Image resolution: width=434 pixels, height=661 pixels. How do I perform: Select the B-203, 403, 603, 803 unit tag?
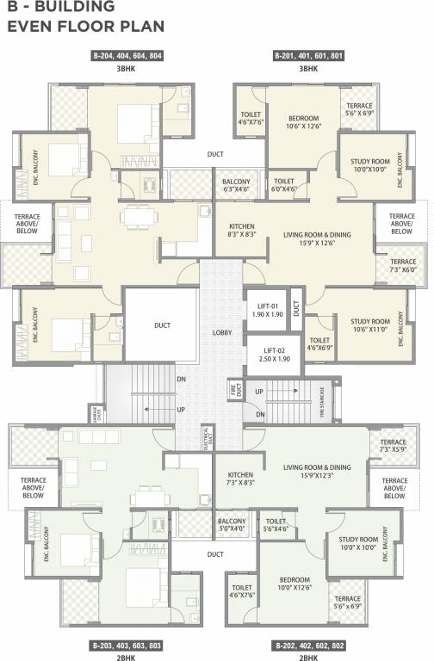point(127,644)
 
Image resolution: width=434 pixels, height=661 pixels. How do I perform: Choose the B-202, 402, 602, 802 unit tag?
point(307,644)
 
